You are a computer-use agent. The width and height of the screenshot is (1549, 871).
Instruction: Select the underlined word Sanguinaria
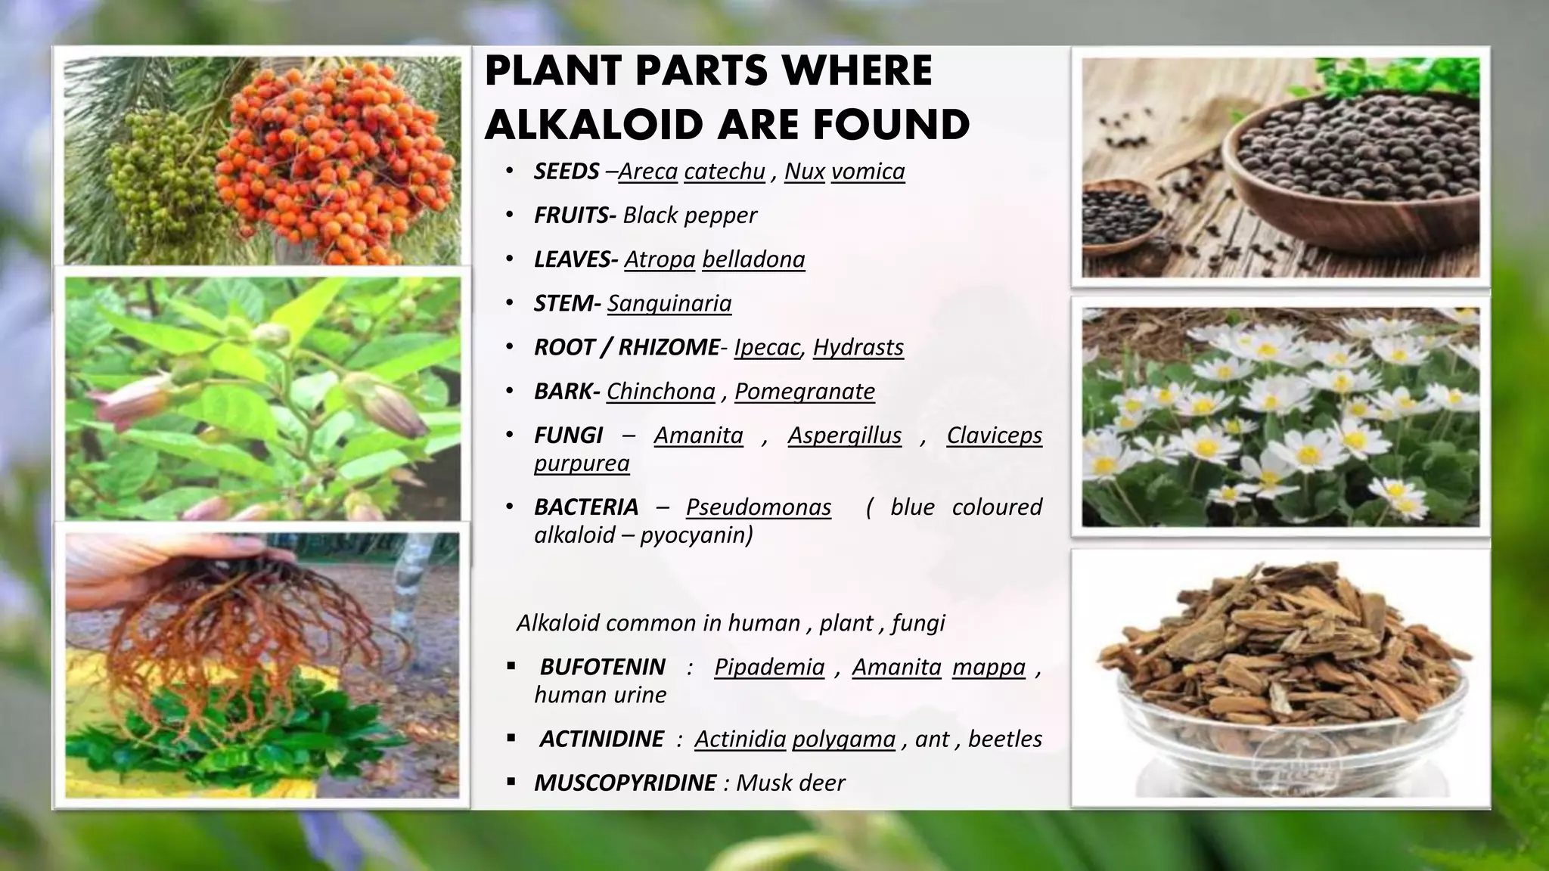pos(669,303)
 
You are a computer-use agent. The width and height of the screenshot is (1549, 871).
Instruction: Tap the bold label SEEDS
pos(567,172)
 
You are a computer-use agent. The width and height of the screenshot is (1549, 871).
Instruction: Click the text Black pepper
pos(689,215)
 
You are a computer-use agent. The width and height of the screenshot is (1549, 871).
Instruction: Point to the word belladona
pos(753,259)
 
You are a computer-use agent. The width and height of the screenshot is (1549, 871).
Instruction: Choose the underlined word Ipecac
pos(767,347)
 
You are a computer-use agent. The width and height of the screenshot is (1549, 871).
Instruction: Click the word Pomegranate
pos(804,391)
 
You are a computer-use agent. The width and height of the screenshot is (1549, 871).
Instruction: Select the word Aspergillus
pos(844,435)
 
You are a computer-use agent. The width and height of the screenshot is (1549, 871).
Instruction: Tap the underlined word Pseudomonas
pos(758,507)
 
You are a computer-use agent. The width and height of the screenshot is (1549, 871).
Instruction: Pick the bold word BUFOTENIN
pos(602,667)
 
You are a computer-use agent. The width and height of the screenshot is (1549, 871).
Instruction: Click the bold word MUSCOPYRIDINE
pos(625,783)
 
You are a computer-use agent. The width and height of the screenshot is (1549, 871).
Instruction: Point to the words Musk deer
pos(790,783)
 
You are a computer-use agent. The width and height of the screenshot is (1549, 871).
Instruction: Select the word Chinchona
pos(660,391)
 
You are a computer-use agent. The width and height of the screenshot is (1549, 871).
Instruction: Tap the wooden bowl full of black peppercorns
pos(1354,166)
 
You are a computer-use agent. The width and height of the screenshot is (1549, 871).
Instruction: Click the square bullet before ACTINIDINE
pos(512,738)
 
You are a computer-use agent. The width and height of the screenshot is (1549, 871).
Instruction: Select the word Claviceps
pos(994,435)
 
